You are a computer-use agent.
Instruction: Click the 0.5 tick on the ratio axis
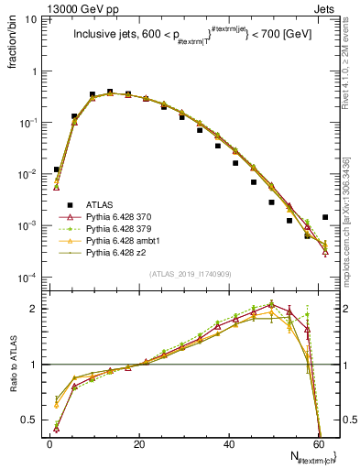(x=31, y=420)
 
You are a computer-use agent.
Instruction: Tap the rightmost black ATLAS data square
(x=325, y=217)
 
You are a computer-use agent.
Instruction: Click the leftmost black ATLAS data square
(x=57, y=169)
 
